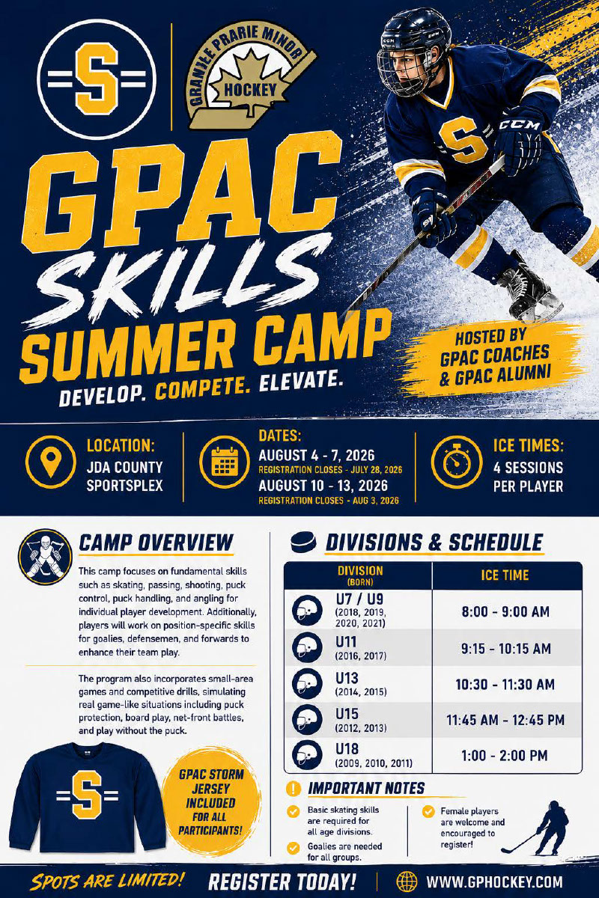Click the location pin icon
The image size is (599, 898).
(51, 462)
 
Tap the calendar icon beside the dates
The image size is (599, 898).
(225, 462)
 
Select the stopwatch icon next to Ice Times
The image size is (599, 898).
(457, 462)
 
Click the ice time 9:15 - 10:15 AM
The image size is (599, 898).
(506, 649)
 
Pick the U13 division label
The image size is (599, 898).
(347, 678)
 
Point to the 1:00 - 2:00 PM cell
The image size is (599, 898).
(505, 756)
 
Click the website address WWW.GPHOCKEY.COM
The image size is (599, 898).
(494, 882)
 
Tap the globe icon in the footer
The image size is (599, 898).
(407, 882)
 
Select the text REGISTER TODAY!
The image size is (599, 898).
(282, 882)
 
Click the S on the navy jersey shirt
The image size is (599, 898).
(87, 795)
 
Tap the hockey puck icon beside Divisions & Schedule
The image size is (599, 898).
(303, 542)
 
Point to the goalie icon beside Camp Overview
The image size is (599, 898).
(45, 557)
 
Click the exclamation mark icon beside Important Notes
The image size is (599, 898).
(294, 789)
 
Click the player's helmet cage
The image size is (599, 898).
(404, 70)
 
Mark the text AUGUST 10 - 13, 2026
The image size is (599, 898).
(323, 486)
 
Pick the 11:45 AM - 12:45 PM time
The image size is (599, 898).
(505, 720)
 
